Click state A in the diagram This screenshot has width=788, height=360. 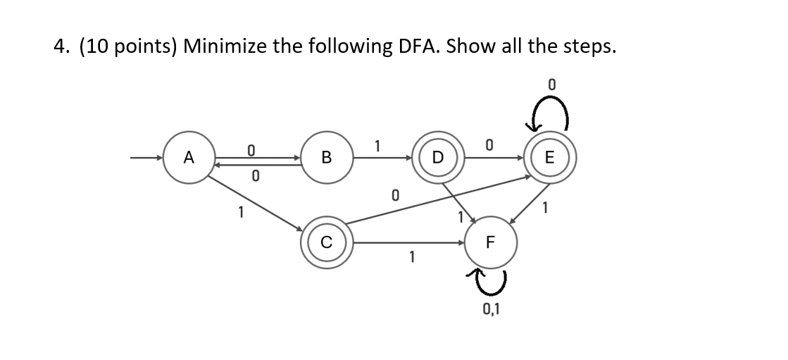pos(187,159)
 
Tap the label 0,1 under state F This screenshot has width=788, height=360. pos(491,308)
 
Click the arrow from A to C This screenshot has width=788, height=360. pos(257,204)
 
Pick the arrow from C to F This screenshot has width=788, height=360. pos(408,242)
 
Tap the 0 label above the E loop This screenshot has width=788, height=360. pos(552,85)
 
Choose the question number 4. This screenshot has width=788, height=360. pos(60,46)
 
